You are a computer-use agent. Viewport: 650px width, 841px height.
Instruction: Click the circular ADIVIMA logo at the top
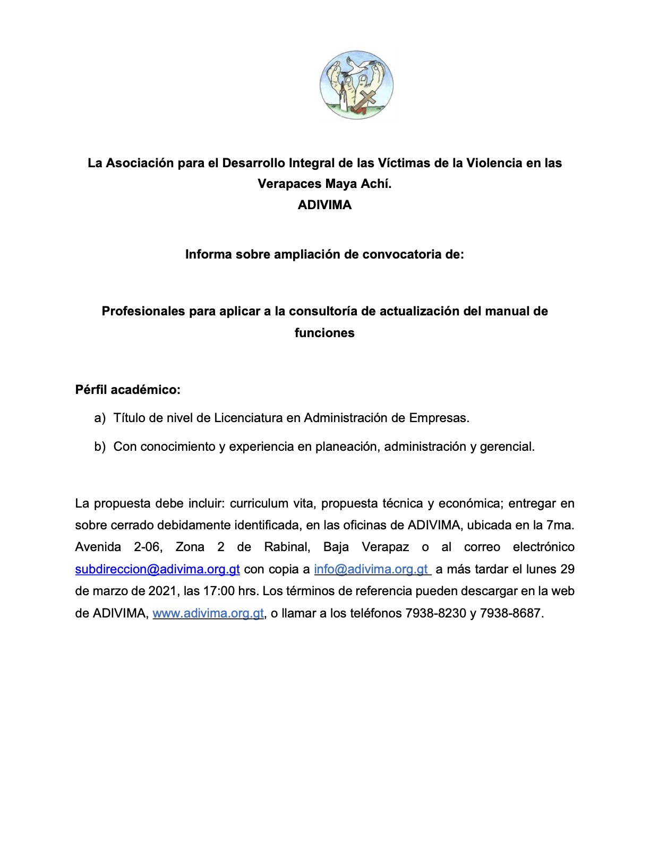tap(356, 85)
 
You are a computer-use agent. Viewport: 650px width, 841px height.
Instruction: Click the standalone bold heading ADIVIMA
tap(324, 205)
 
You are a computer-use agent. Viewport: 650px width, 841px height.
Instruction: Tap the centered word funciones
tap(324, 333)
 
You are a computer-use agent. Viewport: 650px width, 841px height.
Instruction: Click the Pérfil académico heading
tap(128, 390)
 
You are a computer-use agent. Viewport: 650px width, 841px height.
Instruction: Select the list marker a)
tap(100, 418)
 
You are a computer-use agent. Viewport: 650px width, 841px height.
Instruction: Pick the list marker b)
tap(100, 447)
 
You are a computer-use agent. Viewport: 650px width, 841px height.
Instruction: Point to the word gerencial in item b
tap(507, 447)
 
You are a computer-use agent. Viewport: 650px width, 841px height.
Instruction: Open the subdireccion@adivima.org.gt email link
tap(157, 569)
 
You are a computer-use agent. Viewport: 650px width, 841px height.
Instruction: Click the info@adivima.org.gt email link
tap(371, 569)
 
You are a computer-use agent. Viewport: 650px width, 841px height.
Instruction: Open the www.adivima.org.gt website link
tap(208, 613)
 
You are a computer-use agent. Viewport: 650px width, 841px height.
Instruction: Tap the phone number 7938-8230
tap(435, 613)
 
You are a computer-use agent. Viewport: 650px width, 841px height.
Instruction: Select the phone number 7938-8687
tap(510, 613)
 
